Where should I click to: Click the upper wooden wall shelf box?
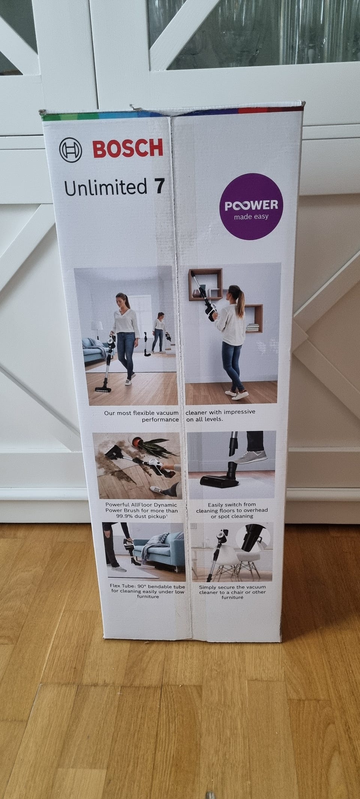tap(205, 284)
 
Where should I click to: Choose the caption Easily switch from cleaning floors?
tap(232, 510)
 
